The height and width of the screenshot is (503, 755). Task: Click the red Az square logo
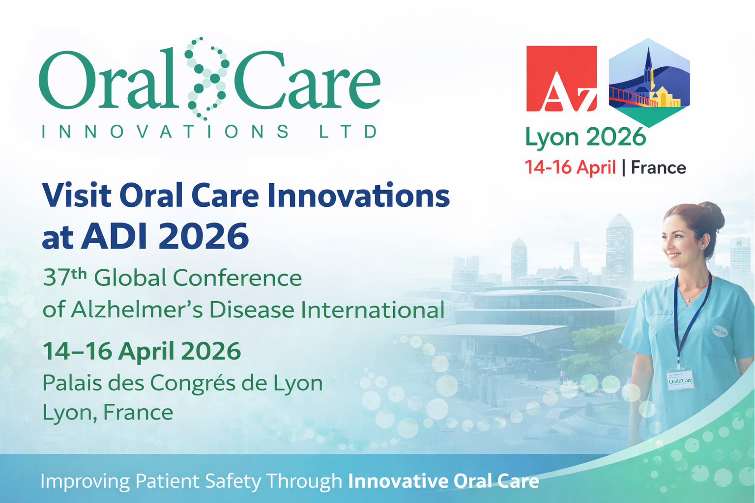[x=561, y=79]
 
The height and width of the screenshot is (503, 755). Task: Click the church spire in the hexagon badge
[x=648, y=61]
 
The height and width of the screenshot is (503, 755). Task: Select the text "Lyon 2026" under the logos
[x=585, y=137]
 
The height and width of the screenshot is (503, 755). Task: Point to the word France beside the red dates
[x=658, y=168]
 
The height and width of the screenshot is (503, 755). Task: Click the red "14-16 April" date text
[x=570, y=168]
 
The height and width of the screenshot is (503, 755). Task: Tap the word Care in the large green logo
[x=307, y=81]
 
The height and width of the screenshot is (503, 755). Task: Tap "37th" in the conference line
[x=64, y=278]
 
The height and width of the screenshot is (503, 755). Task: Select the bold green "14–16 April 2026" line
[x=142, y=351]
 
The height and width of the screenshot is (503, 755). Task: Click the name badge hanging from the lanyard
[x=680, y=380]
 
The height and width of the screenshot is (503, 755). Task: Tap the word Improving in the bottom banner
[x=85, y=481]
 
